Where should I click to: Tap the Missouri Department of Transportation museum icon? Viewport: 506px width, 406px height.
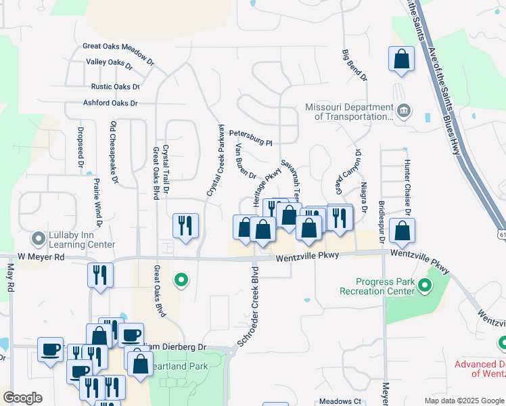click(x=404, y=110)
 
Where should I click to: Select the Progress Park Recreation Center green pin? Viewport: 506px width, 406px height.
click(x=425, y=286)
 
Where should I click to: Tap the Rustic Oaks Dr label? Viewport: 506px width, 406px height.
click(x=115, y=87)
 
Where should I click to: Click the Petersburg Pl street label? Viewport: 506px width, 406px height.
click(x=250, y=139)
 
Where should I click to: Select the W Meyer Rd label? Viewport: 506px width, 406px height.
click(x=41, y=257)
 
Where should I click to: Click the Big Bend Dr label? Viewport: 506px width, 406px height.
click(x=354, y=65)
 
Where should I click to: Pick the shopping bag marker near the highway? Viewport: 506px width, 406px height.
click(x=401, y=58)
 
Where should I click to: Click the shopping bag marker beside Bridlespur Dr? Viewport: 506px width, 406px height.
click(x=402, y=231)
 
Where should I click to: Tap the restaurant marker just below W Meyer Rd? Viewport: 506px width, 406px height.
click(x=100, y=275)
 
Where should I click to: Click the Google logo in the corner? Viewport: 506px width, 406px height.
click(x=23, y=398)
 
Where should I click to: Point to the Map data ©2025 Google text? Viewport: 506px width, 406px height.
click(x=463, y=401)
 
